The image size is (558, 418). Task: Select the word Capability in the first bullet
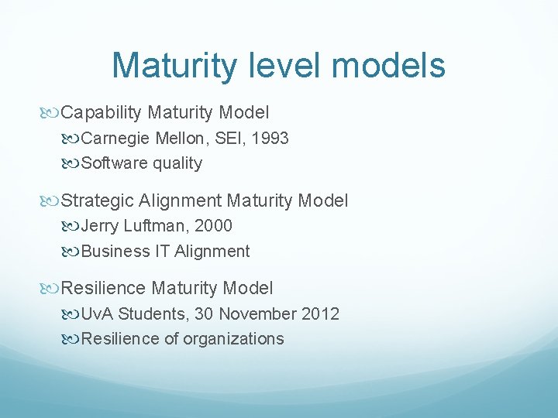pos(101,113)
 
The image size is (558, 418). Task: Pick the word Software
pos(115,163)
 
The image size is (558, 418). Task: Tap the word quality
pos(177,163)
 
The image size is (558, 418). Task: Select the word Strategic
pos(98,201)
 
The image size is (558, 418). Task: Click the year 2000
pos(213,227)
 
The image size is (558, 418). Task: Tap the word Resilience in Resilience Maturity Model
pos(103,289)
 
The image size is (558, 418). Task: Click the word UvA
pos(97,314)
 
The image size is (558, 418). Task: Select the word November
pos(259,314)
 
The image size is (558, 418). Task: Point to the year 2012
pos(322,314)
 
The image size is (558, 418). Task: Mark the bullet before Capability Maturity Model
pos(52,114)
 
